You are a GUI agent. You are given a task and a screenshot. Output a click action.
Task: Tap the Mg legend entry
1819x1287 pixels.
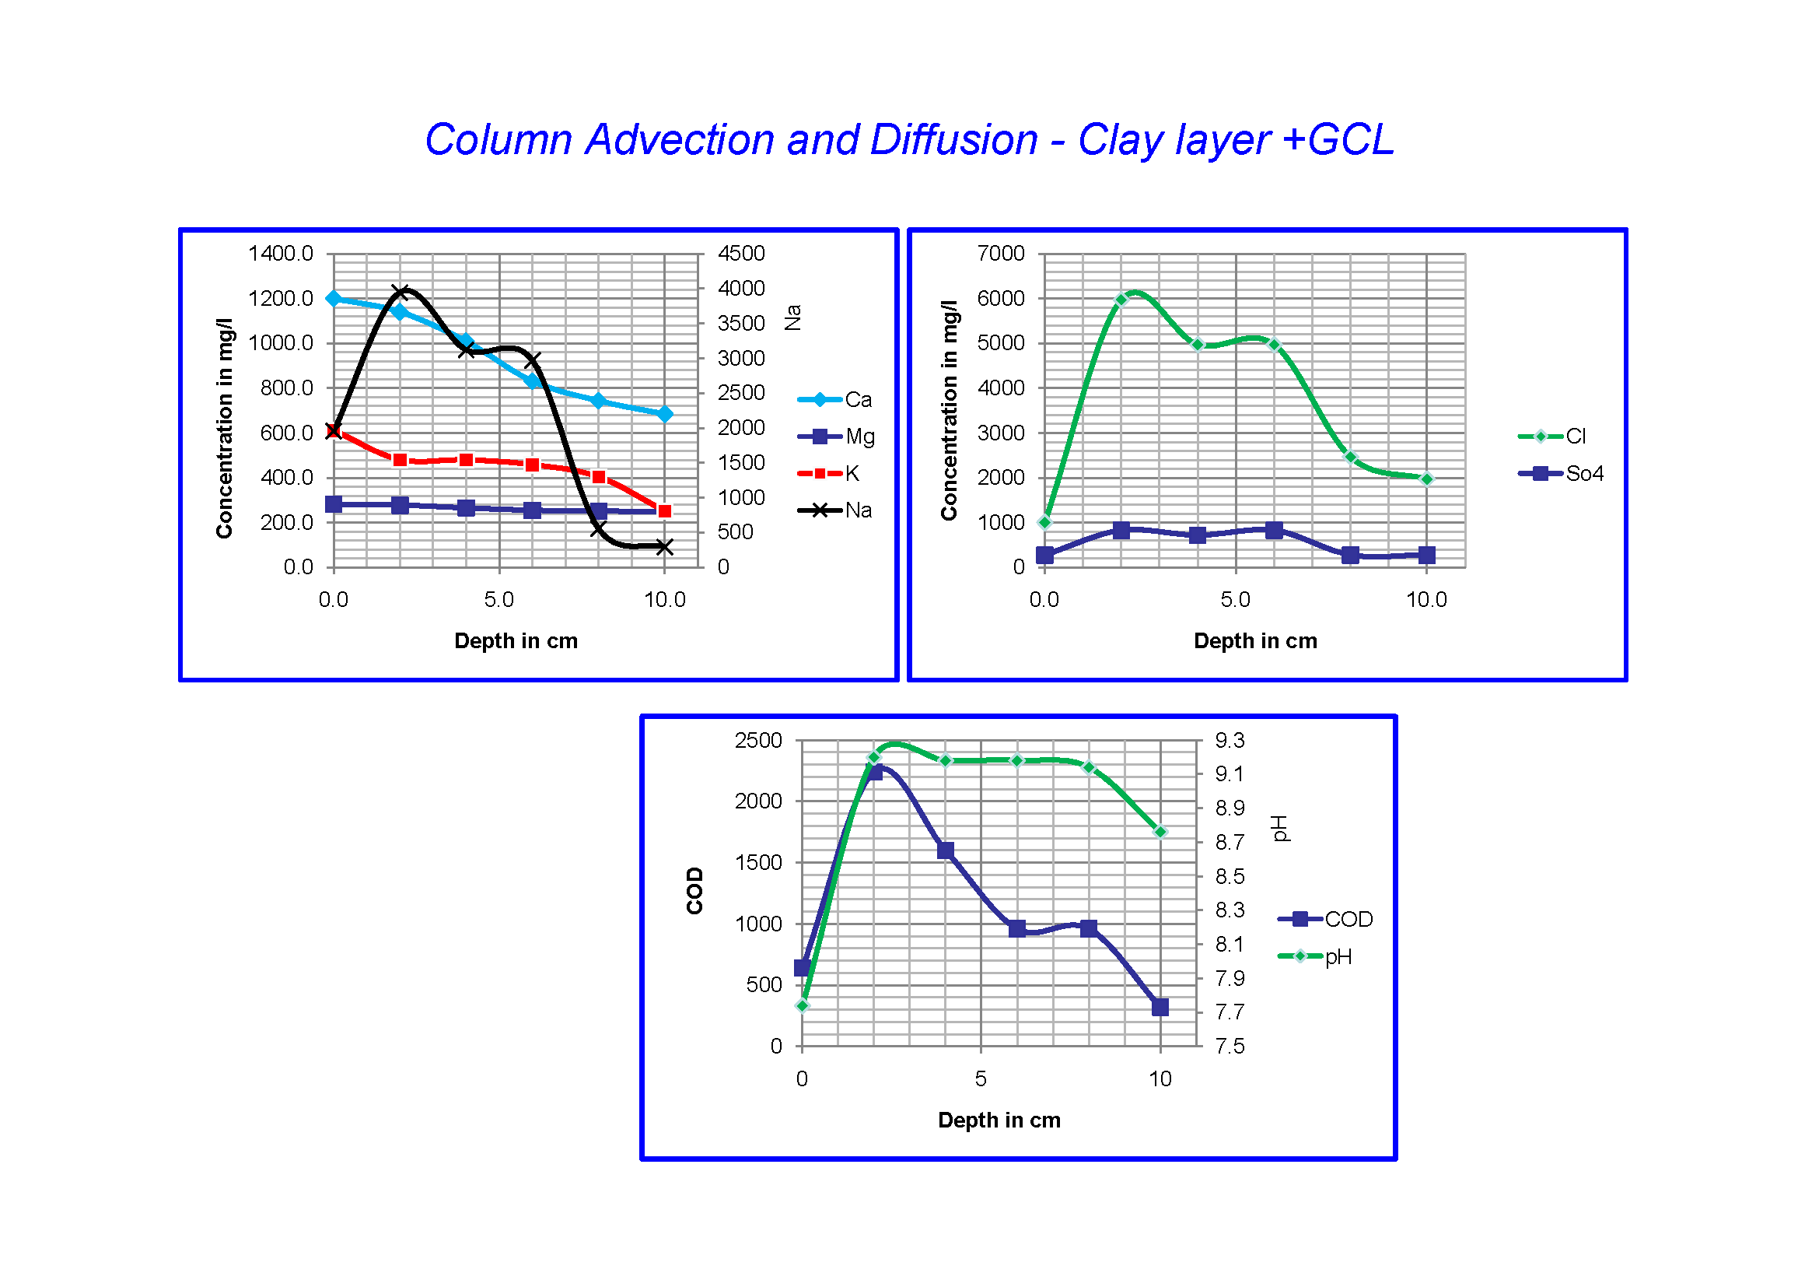pos(859,437)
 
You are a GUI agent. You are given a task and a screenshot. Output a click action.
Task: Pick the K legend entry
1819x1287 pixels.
pos(851,474)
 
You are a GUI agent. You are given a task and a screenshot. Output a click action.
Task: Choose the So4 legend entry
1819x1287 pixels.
pos(1583,474)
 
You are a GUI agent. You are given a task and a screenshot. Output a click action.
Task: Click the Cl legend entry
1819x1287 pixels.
pos(1575,437)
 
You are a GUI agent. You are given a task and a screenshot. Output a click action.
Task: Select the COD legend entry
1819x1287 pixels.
pos(1348,919)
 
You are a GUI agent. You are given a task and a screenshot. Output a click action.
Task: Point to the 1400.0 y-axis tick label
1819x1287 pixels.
pos(281,254)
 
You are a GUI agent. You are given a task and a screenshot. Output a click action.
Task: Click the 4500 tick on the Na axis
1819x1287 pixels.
pos(741,254)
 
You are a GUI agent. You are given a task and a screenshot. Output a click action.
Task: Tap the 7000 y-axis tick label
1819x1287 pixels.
pos(1001,254)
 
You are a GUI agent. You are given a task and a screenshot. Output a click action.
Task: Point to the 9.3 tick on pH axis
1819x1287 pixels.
pos(1230,741)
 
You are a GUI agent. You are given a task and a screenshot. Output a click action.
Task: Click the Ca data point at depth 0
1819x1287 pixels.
pos(334,299)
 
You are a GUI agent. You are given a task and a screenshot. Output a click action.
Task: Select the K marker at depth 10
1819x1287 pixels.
pos(665,511)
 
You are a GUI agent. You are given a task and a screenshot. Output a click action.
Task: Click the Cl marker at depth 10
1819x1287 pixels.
pos(1427,479)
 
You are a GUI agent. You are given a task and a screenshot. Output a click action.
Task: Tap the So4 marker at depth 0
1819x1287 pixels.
pos(1045,555)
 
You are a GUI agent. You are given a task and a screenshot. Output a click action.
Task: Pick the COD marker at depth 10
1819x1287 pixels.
pos(1160,1007)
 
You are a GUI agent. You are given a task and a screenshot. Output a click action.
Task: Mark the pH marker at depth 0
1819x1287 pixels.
pos(803,1005)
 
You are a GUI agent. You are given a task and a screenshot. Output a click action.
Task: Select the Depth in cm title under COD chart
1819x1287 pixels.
pos(999,1120)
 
